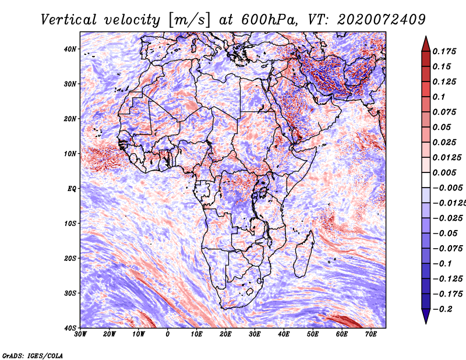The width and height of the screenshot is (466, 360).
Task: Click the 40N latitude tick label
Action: [70, 49]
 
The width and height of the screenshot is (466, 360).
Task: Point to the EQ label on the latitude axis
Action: [72, 189]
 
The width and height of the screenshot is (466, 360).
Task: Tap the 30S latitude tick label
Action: [70, 294]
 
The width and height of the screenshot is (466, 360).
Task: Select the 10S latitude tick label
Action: [70, 224]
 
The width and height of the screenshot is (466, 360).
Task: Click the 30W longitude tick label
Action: [80, 334]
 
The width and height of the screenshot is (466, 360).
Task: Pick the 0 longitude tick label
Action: [168, 334]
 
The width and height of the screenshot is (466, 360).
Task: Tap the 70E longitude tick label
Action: [371, 334]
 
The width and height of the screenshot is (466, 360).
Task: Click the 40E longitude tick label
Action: [284, 334]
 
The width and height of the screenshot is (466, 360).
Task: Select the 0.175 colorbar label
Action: [444, 52]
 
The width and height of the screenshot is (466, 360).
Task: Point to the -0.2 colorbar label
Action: [443, 309]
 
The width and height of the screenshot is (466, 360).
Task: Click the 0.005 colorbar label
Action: [444, 172]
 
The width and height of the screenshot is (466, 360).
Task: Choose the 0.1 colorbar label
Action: [439, 97]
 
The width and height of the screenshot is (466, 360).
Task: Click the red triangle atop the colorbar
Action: [426, 45]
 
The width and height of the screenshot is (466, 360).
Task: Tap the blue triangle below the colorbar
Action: [426, 315]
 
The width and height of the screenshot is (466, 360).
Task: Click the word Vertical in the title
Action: [69, 20]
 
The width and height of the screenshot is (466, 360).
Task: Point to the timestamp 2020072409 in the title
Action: [382, 20]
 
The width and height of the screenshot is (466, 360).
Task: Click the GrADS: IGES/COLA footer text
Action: [33, 356]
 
